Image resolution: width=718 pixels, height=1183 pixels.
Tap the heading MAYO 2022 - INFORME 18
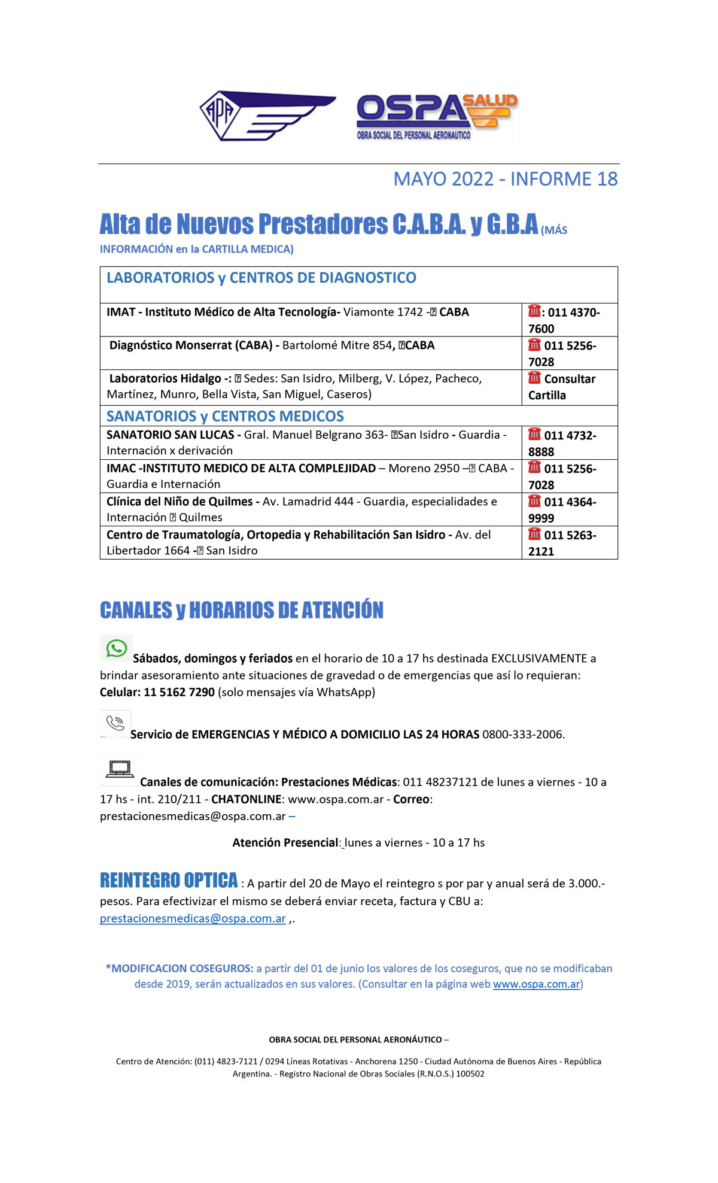[505, 179]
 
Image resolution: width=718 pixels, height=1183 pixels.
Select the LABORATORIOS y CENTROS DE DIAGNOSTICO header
[261, 278]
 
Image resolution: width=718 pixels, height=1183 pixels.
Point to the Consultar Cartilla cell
[562, 387]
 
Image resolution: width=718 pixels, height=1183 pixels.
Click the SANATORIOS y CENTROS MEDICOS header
[225, 416]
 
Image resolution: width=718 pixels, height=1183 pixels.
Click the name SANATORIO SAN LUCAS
[170, 435]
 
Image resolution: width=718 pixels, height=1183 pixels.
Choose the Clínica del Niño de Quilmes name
[180, 502]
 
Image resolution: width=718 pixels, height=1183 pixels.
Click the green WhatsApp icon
[116, 648]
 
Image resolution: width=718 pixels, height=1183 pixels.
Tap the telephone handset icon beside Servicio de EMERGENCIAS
[115, 723]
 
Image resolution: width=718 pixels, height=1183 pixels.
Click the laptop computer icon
[120, 769]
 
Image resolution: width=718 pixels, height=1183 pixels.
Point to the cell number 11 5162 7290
[179, 692]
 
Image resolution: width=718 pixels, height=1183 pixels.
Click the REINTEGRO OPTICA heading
[169, 881]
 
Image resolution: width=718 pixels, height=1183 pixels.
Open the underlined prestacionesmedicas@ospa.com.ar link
[193, 918]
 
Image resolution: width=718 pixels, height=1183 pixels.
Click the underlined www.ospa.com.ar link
[536, 984]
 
